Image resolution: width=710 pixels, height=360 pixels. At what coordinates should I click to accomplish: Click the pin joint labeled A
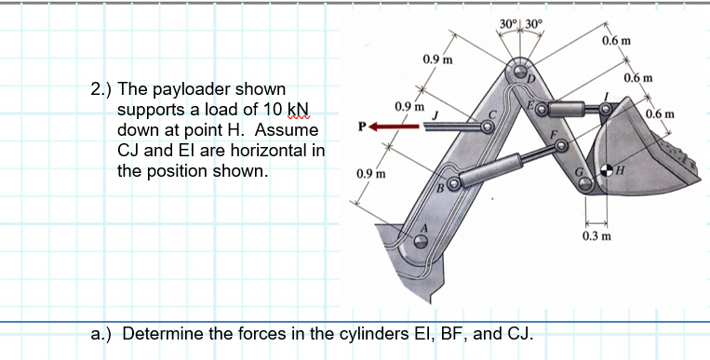(x=421, y=241)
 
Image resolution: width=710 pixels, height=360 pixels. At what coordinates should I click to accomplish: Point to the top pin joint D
(x=519, y=71)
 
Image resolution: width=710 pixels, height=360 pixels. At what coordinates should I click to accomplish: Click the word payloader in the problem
(x=193, y=89)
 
